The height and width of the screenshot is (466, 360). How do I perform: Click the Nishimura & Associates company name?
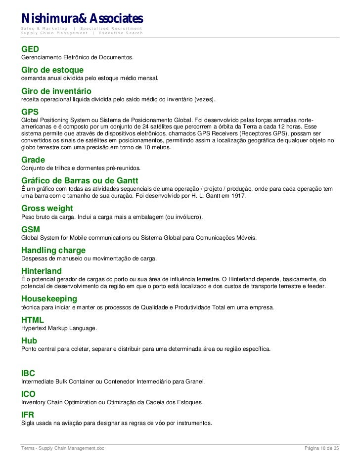[x=82, y=18]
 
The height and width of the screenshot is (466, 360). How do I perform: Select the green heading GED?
[x=30, y=49]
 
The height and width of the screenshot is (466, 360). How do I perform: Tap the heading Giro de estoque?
[x=52, y=70]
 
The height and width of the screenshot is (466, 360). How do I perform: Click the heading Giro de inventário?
[x=56, y=91]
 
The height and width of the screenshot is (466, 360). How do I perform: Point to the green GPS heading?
[x=30, y=112]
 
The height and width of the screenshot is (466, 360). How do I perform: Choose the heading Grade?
[x=33, y=160]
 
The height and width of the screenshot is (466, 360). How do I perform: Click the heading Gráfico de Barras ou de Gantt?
[x=80, y=180]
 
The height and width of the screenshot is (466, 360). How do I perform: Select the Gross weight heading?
[x=47, y=209]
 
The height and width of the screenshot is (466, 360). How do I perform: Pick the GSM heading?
[x=30, y=229]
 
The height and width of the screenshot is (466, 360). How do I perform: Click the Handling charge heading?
[x=53, y=250]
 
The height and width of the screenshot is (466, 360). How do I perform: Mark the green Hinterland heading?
[x=42, y=271]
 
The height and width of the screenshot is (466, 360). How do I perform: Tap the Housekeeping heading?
[x=49, y=298]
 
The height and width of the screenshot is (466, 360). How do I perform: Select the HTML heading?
[x=33, y=320]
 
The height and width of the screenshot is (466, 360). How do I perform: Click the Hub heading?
[x=29, y=340]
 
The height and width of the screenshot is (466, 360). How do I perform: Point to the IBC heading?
[x=28, y=373]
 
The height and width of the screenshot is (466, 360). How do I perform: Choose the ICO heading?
[x=28, y=394]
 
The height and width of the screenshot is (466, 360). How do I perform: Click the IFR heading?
[x=28, y=415]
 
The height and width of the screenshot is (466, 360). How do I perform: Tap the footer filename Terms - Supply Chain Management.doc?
[x=62, y=448]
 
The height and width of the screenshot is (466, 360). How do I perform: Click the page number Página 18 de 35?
[x=321, y=448]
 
